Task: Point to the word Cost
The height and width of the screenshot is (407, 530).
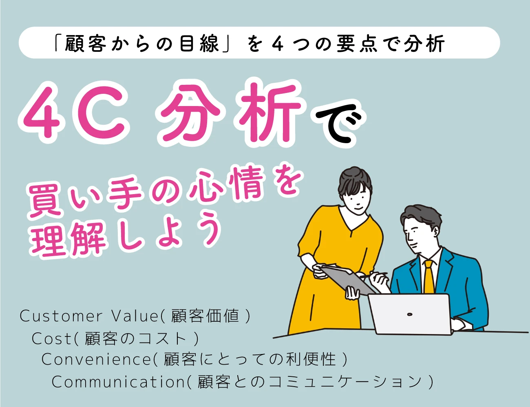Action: [51, 338]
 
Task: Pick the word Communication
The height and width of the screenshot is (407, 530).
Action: [118, 382]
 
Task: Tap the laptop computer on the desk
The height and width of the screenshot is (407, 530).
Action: [410, 314]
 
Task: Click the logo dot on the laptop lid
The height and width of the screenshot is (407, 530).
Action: [410, 314]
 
